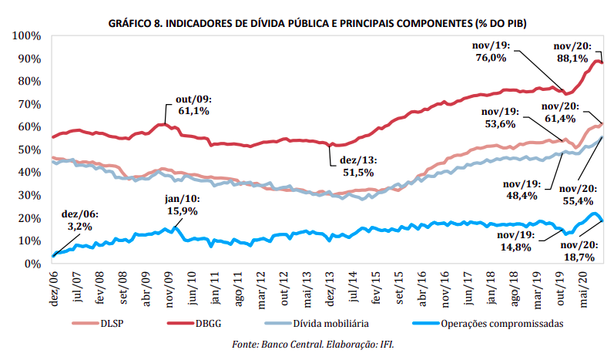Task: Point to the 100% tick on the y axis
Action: coord(25,36)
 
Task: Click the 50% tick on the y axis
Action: coord(29,150)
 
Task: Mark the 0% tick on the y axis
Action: coord(32,263)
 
